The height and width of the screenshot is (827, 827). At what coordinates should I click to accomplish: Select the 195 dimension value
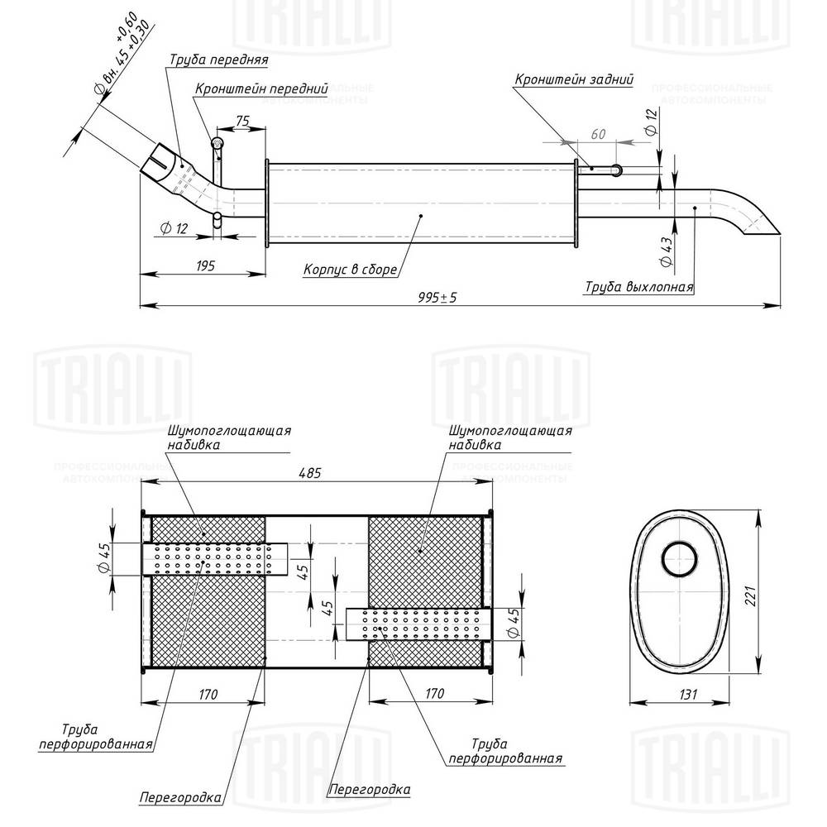pos(205,265)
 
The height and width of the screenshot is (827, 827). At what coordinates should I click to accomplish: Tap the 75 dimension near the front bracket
pos(242,121)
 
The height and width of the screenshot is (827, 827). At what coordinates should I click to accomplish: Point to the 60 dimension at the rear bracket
pos(599,134)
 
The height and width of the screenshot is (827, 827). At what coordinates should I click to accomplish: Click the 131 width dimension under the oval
pos(677,693)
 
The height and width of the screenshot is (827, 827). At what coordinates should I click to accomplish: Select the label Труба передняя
pos(218,60)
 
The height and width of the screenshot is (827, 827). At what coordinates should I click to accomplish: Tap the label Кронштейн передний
pos(261,88)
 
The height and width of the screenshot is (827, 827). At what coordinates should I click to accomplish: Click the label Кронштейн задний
pos(574,80)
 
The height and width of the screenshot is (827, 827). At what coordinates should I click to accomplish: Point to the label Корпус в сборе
pos(351,270)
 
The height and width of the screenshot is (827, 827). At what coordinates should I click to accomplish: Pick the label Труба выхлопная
pos(638,287)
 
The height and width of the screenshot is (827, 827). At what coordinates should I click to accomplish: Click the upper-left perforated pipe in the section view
pos(215,560)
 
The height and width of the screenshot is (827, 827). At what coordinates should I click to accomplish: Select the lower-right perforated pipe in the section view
pos(418,624)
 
